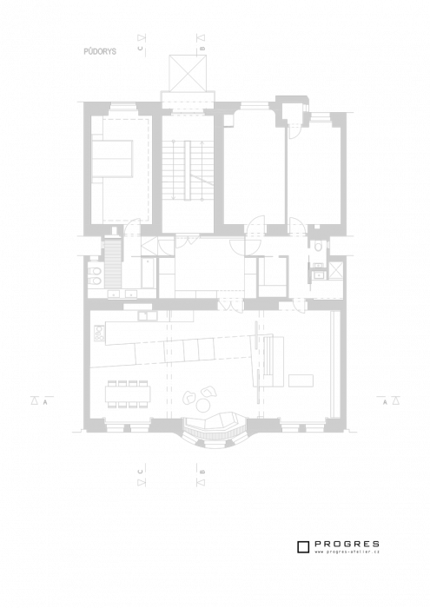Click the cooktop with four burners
tap(99, 332)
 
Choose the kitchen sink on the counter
tap(148, 316)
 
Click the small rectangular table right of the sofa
tap(301, 380)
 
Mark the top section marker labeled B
tap(201, 43)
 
